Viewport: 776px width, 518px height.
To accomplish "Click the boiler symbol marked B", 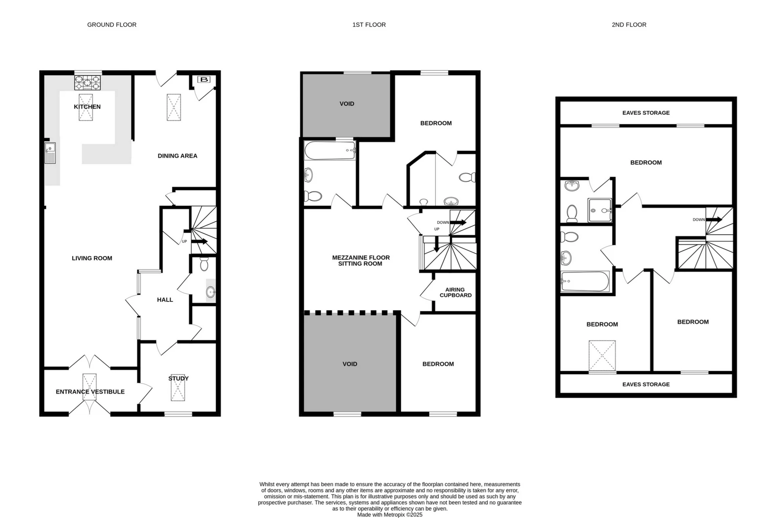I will (204, 80).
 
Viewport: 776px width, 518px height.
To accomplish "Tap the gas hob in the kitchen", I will (87, 83).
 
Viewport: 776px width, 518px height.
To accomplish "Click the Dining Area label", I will (177, 156).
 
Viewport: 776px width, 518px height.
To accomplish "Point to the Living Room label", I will (92, 258).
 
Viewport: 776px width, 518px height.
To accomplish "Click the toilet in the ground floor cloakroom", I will (204, 264).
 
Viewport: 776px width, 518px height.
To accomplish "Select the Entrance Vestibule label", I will (90, 392).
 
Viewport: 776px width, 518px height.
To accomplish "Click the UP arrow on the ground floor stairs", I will (199, 242).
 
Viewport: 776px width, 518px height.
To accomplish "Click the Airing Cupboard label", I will (455, 292).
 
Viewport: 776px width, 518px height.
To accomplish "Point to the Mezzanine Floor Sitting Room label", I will (361, 260).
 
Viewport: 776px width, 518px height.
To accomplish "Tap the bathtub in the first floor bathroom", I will (330, 150).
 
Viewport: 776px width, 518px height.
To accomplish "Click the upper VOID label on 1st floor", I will (347, 104).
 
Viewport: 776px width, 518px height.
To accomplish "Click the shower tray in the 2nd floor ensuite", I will (599, 210).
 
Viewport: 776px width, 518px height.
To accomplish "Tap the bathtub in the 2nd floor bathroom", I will (585, 281).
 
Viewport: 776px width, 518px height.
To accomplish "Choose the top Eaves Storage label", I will (646, 113).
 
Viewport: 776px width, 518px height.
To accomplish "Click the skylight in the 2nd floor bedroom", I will (602, 356).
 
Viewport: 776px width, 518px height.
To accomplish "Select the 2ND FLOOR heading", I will (629, 25).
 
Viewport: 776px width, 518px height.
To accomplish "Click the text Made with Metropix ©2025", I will (390, 515).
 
